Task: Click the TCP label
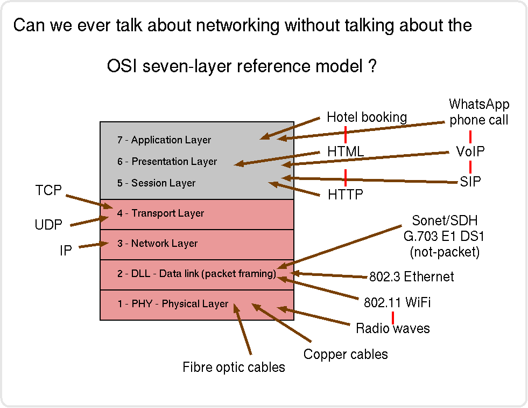48,190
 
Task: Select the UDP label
48,225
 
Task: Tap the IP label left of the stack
66,251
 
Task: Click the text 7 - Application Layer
164,140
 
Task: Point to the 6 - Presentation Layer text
167,162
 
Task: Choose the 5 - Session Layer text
156,183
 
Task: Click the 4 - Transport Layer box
197,215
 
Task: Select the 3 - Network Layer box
197,245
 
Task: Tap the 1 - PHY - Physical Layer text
172,304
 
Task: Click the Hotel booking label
367,117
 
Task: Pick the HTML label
346,152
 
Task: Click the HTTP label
346,195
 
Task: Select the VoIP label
470,152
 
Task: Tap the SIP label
470,182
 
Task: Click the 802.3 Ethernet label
411,277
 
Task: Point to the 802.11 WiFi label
397,303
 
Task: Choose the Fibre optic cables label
234,368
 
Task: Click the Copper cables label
346,354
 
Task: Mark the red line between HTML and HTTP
345,174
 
